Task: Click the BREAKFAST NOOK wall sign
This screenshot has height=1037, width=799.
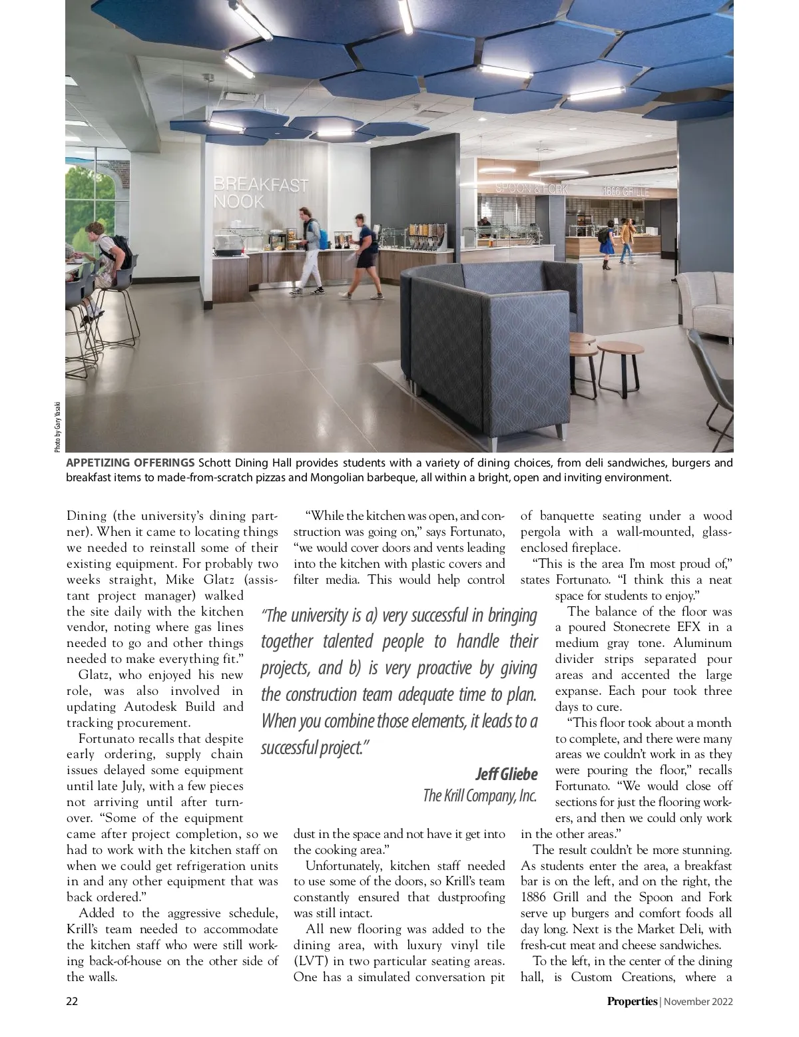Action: [x=260, y=192]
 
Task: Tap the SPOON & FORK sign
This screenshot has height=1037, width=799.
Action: [x=531, y=189]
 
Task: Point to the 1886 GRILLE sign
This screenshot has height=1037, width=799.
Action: [x=625, y=192]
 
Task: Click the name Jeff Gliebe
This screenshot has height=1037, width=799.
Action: [x=505, y=774]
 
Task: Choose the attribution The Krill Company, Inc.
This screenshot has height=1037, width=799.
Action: [x=479, y=795]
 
